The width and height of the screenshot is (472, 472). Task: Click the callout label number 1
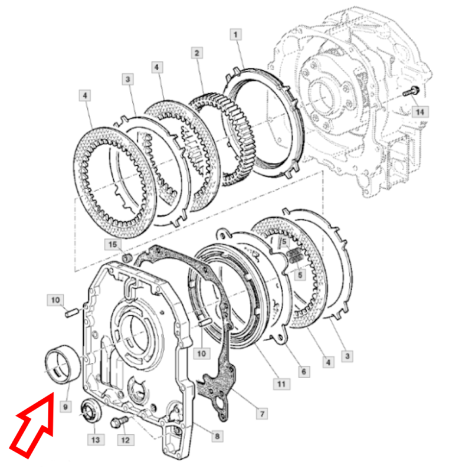tap(235, 34)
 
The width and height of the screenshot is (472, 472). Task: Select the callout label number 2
tap(197, 53)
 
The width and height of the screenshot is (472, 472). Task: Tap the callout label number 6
tap(304, 372)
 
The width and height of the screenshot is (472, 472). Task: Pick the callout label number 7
tap(262, 414)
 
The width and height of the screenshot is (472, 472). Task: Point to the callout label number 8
tap(217, 436)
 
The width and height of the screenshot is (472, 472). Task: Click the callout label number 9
tap(65, 407)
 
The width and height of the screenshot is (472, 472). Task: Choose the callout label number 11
tap(281, 384)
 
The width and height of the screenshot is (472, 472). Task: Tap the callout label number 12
tap(126, 440)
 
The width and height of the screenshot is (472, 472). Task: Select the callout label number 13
tap(96, 440)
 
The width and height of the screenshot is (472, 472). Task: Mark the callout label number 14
tap(420, 112)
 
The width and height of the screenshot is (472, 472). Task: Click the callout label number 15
tap(113, 244)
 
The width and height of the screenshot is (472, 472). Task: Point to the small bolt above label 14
tap(411, 91)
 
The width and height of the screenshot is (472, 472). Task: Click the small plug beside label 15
tap(127, 258)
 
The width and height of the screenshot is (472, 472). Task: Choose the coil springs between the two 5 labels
tap(294, 257)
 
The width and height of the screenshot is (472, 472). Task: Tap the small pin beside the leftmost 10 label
tap(71, 312)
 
